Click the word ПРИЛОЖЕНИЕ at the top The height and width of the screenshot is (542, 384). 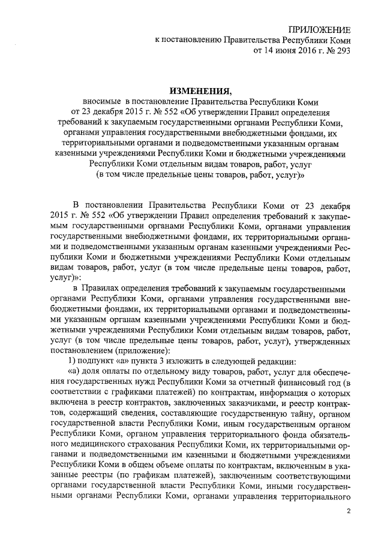pos(320,29)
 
